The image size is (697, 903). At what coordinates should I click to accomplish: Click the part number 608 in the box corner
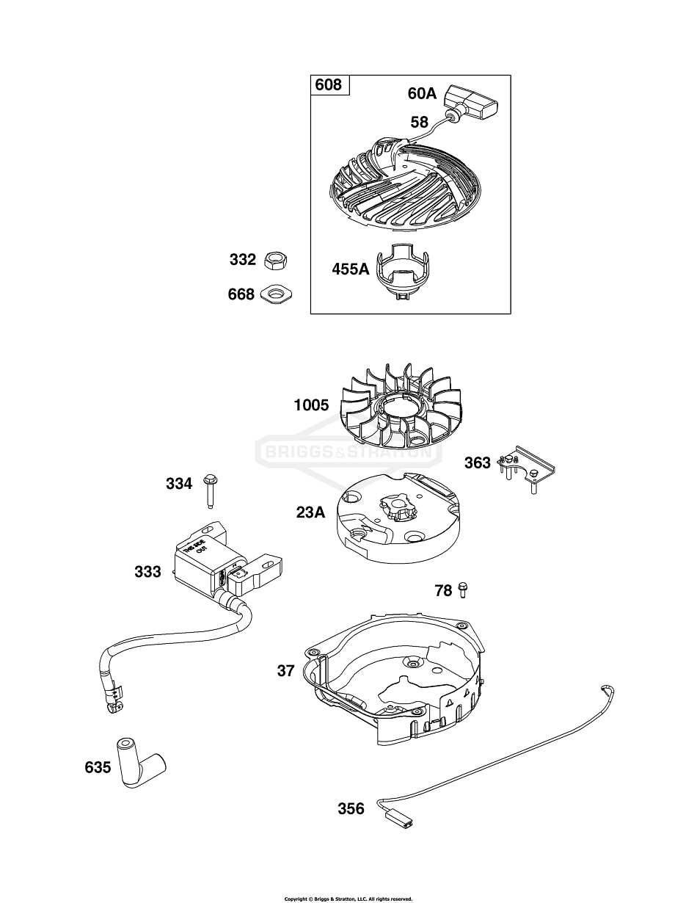(328, 85)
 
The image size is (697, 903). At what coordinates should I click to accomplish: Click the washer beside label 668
(277, 294)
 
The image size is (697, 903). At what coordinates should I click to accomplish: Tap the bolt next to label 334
(210, 489)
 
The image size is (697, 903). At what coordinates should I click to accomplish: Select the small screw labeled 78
(463, 589)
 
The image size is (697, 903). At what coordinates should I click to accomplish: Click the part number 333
(147, 571)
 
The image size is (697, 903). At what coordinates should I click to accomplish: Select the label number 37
(286, 670)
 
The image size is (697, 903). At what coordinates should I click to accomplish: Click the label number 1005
(311, 405)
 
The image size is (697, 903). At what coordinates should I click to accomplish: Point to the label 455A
(350, 269)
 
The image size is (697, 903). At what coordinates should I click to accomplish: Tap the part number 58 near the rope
(419, 122)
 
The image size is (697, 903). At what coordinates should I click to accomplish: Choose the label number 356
(351, 808)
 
